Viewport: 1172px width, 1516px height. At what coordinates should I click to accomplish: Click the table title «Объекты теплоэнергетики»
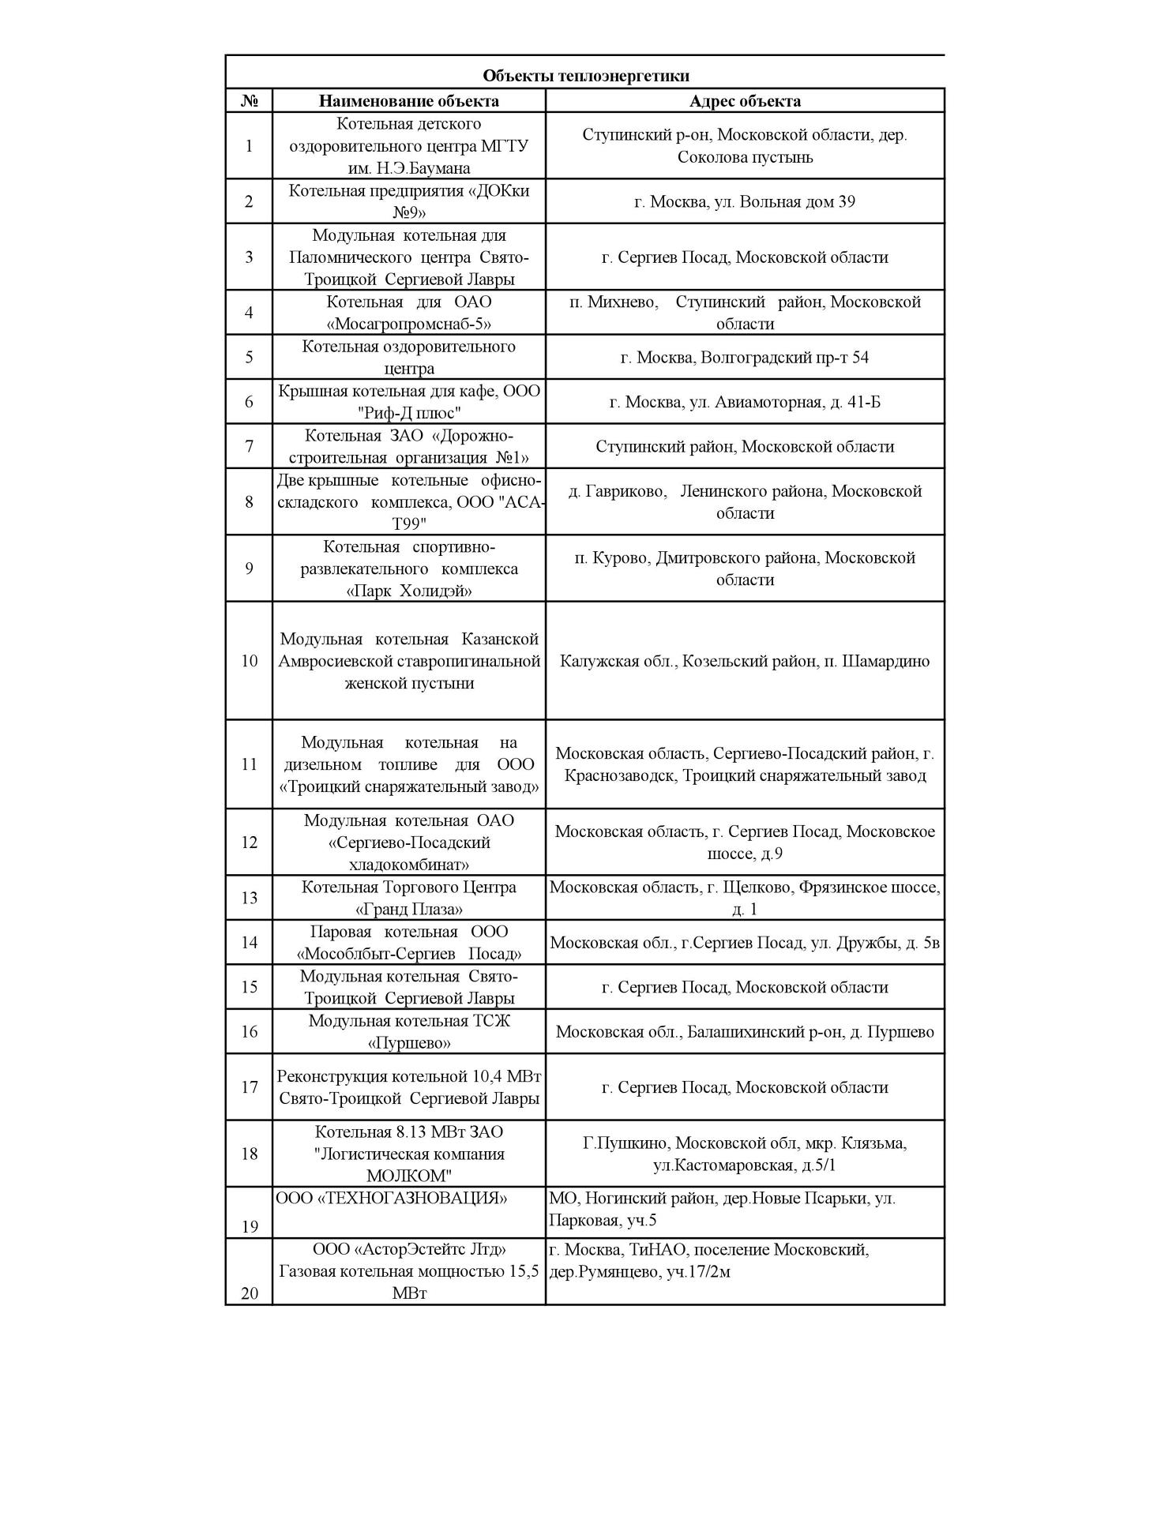point(585,76)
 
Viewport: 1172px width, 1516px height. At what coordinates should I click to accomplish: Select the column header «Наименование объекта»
point(408,100)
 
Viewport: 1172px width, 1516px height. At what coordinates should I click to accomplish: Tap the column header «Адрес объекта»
point(745,100)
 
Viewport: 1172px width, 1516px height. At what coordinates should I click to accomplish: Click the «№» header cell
point(249,101)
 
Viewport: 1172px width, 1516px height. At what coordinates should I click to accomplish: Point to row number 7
point(249,446)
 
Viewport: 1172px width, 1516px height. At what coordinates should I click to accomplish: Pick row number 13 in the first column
point(249,898)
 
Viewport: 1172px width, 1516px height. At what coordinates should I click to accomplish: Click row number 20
point(249,1293)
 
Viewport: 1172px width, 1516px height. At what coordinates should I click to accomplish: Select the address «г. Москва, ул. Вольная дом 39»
point(745,201)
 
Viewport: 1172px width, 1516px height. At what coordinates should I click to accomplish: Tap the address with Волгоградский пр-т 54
point(745,357)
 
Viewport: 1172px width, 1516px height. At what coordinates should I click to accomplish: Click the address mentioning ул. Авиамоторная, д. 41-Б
point(745,402)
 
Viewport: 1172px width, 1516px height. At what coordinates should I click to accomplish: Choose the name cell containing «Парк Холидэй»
point(408,569)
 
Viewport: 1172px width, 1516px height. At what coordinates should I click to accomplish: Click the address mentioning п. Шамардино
point(745,661)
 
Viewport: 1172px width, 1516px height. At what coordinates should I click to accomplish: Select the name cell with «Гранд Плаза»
point(408,898)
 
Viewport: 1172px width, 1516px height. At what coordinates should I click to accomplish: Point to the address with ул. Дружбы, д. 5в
point(745,943)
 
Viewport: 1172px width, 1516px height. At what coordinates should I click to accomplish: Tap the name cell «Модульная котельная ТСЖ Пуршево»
point(408,1032)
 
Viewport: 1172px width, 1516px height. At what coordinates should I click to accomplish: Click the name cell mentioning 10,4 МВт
point(408,1087)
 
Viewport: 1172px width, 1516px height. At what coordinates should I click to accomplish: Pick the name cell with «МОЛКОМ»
point(408,1154)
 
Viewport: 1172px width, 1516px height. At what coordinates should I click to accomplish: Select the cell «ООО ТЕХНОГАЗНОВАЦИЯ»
point(392,1199)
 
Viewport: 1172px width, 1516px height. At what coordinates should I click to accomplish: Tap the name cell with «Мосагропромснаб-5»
point(408,313)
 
